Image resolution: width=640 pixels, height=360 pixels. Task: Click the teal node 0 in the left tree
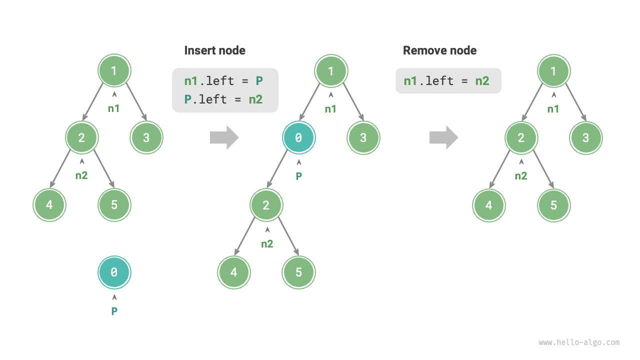[114, 272]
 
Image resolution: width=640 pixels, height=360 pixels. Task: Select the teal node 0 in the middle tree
[298, 137]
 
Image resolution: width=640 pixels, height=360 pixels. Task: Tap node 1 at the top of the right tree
[553, 71]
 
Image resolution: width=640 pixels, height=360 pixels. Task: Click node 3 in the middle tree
[363, 137]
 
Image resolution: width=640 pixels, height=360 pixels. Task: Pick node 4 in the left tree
[49, 205]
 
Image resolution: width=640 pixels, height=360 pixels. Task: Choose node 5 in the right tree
[553, 205]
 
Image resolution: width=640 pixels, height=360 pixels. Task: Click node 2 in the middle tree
[266, 205]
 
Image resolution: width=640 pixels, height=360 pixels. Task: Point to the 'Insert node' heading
[214, 50]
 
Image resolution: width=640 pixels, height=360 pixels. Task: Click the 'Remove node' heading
[439, 50]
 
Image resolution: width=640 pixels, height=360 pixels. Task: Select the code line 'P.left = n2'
[223, 99]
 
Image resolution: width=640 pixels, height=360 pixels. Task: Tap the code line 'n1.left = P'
[223, 81]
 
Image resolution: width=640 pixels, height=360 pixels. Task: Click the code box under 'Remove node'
[448, 81]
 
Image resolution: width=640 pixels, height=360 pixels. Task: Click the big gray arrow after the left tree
[224, 137]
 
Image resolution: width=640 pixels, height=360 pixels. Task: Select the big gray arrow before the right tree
[443, 137]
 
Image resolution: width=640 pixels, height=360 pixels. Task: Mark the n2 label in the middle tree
[267, 244]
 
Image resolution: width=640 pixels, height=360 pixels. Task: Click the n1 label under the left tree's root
[114, 107]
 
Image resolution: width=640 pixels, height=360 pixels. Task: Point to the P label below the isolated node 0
[114, 311]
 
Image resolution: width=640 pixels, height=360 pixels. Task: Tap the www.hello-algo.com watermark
[579, 342]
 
